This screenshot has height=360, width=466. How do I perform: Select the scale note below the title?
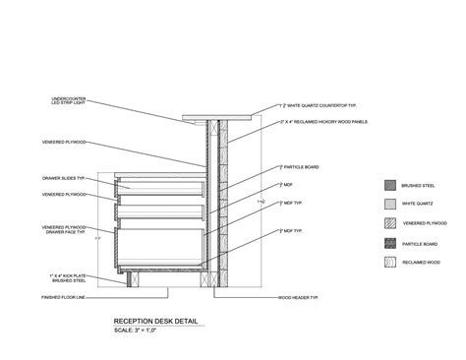(137, 330)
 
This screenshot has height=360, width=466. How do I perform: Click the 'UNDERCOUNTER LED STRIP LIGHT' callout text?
(68, 100)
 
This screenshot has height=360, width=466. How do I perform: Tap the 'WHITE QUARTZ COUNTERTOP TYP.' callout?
(314, 104)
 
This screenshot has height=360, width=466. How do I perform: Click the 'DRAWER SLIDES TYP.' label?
(68, 180)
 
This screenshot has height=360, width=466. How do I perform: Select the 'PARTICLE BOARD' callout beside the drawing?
(299, 168)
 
